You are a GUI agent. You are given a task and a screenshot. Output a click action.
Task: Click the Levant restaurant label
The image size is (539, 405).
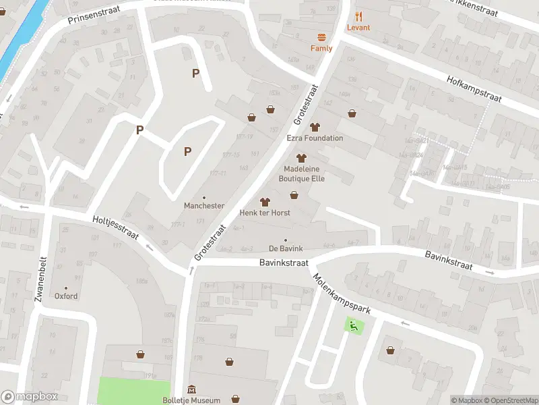tap(359, 28)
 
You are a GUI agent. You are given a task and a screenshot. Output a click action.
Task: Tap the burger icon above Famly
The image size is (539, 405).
tap(321, 37)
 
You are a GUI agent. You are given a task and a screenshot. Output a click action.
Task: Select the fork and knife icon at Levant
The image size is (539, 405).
tap(359, 16)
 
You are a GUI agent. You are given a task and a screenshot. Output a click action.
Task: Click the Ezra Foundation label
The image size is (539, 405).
tap(315, 138)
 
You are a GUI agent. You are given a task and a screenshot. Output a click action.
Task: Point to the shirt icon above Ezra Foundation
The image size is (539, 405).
tap(315, 126)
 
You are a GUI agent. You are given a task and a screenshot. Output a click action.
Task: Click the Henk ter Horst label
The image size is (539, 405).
tap(265, 213)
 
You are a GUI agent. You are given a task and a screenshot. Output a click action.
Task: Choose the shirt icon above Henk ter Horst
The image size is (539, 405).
tap(265, 201)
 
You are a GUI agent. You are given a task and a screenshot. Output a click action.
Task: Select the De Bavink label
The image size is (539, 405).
tap(286, 249)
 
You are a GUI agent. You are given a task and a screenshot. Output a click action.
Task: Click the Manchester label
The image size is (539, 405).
tap(204, 206)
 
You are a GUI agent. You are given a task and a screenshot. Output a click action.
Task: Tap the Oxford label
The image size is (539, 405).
tap(66, 296)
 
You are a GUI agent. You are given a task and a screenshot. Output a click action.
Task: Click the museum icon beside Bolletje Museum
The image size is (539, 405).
tap(192, 389)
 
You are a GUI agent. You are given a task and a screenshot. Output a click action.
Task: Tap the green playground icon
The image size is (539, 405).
tap(353, 325)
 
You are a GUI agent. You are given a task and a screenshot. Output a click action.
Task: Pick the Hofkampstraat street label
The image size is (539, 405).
tap(474, 89)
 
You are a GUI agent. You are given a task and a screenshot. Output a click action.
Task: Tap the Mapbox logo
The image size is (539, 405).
tap(30, 397)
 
